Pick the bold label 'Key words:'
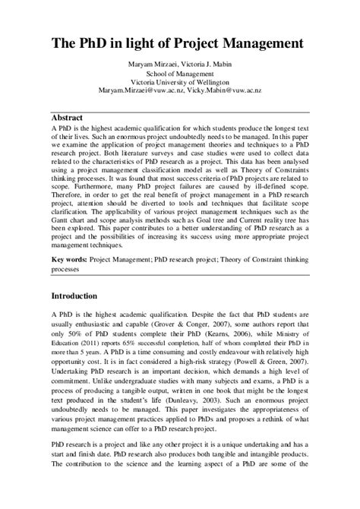point(68,260)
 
